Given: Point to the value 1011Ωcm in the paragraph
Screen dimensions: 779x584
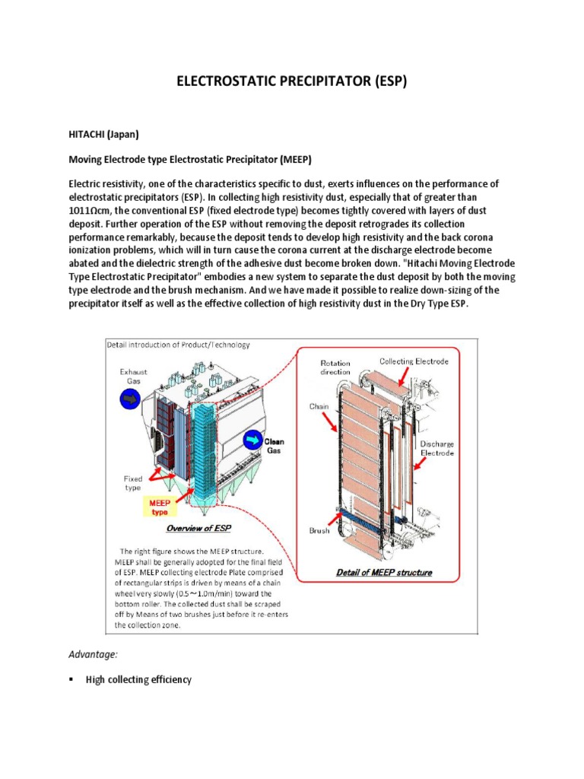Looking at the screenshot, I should [x=97, y=209].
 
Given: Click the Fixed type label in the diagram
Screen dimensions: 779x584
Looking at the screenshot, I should [x=133, y=484].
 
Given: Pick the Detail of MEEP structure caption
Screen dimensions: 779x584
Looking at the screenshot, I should [x=384, y=572].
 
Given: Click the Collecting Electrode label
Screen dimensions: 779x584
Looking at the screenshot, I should [x=414, y=361].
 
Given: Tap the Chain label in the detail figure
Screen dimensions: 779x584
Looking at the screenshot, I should [x=319, y=406].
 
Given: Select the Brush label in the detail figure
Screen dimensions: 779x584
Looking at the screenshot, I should [x=319, y=530].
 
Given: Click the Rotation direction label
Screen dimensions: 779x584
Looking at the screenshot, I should [x=335, y=367].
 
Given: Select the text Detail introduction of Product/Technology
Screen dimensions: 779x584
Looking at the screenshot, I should [x=177, y=345].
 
